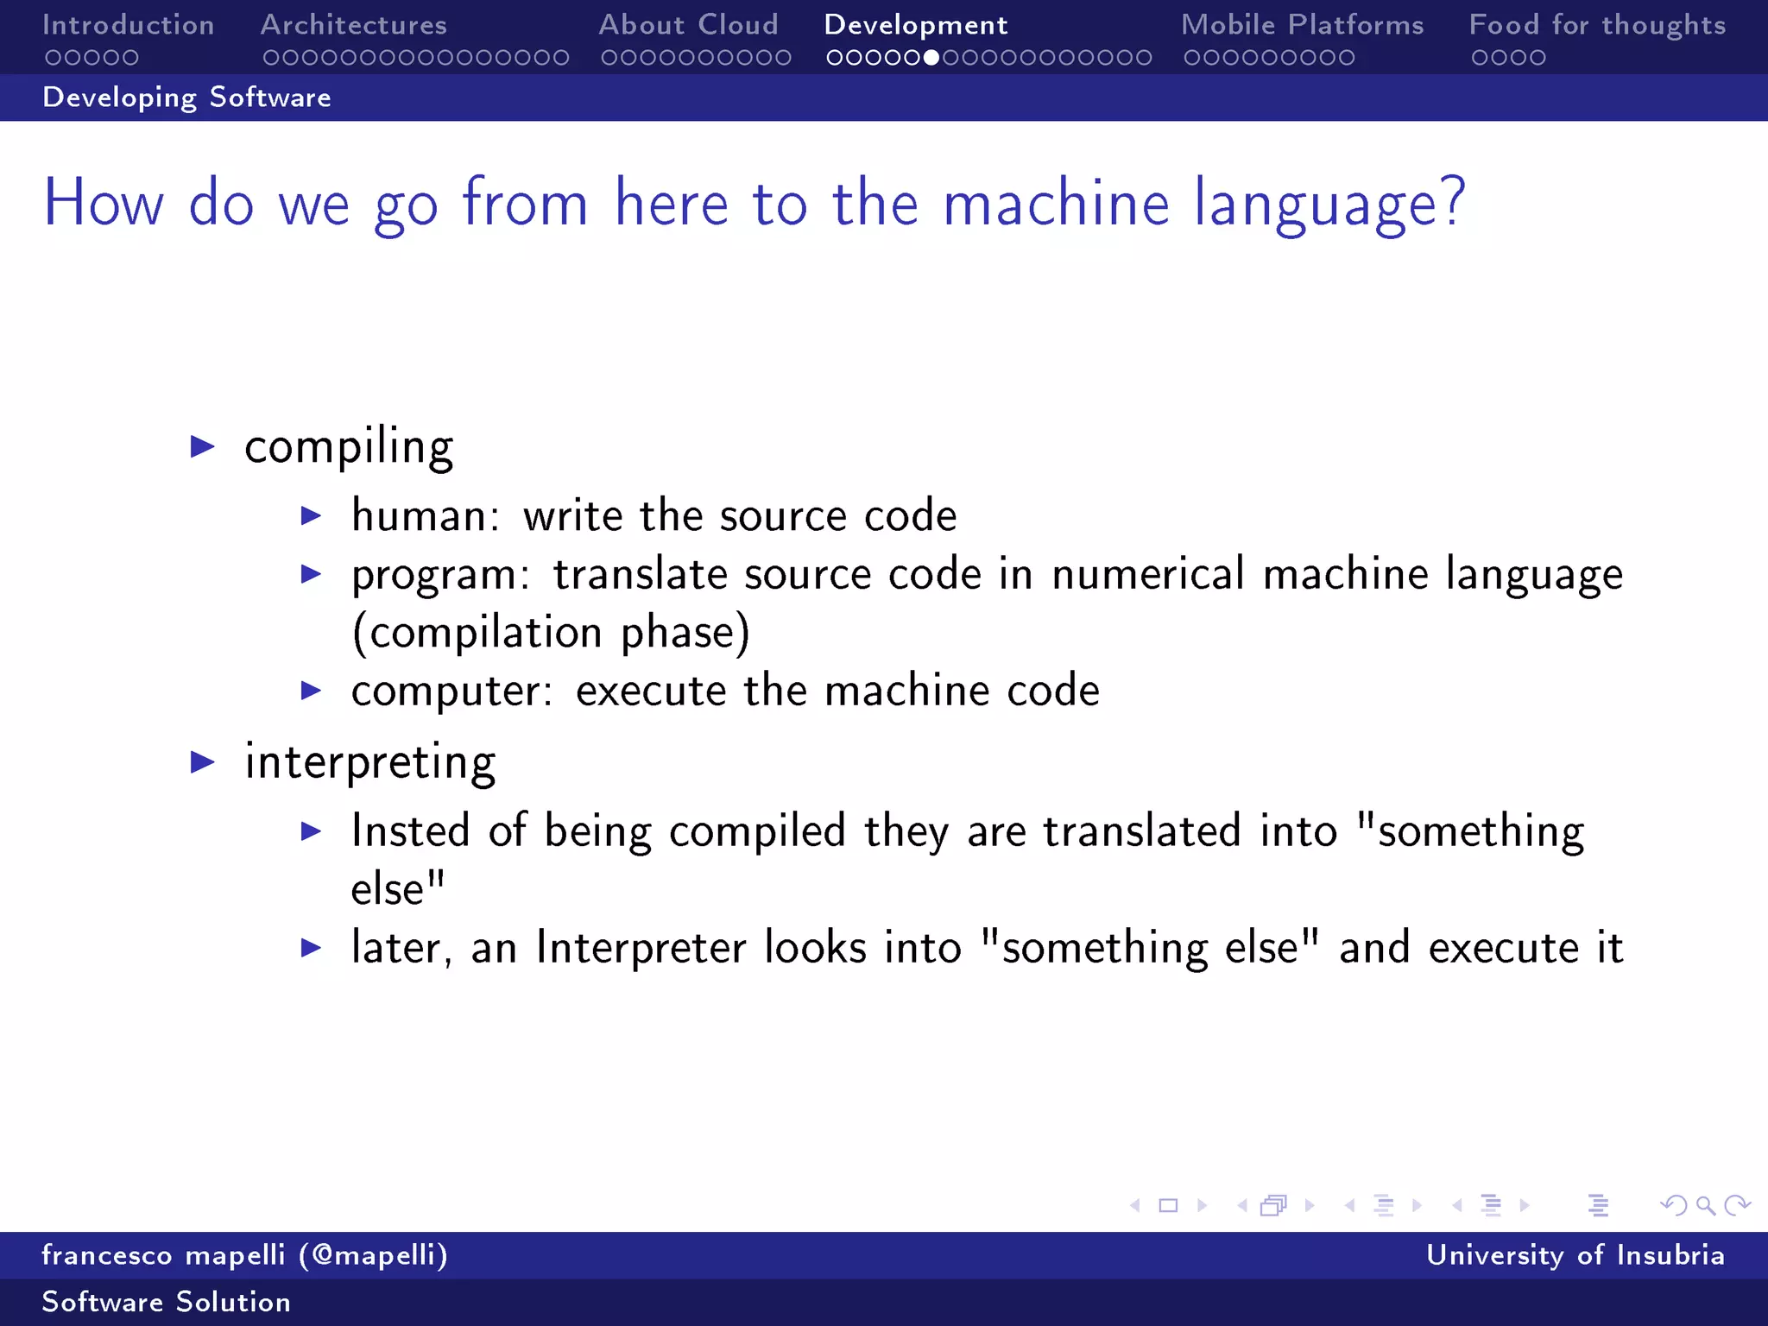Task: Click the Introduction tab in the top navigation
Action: (x=128, y=25)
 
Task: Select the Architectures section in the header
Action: (x=353, y=25)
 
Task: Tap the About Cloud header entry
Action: (x=688, y=25)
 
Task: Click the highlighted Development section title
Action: (x=915, y=25)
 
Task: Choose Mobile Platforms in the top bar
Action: (x=1302, y=25)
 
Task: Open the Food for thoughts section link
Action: (x=1597, y=25)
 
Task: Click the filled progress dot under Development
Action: (x=931, y=58)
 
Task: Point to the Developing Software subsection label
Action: (x=186, y=98)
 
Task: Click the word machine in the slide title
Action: (x=1056, y=204)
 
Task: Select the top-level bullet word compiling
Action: (x=348, y=447)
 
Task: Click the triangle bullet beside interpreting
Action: (x=202, y=761)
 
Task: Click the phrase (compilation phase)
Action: (x=551, y=633)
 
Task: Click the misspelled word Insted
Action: (x=409, y=831)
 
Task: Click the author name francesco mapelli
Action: (x=162, y=1254)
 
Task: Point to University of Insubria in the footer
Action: (x=1575, y=1254)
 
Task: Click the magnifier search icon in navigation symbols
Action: (x=1705, y=1205)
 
